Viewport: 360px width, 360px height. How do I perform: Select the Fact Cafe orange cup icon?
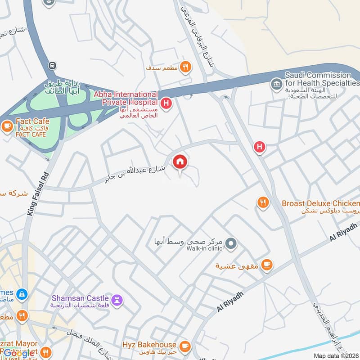click(7, 126)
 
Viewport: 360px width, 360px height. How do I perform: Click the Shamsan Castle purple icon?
click(117, 300)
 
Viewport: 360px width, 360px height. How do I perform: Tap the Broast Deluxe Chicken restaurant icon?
click(263, 203)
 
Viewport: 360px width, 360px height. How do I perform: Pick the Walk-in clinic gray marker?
click(231, 244)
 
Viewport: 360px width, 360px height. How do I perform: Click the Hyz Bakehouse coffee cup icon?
click(184, 346)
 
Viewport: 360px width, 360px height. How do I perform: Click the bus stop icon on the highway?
click(53, 66)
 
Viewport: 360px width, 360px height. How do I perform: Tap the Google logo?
click(18, 353)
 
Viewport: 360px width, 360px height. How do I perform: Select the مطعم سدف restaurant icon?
click(184, 67)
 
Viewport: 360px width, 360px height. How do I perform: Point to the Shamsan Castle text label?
click(80, 298)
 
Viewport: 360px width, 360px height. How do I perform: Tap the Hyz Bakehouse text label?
click(148, 345)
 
